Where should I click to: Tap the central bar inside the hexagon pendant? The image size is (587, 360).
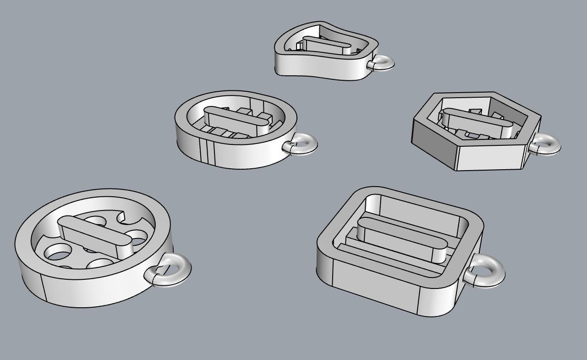[x=477, y=120]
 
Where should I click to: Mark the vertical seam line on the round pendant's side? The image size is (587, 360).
[x=42, y=288]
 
